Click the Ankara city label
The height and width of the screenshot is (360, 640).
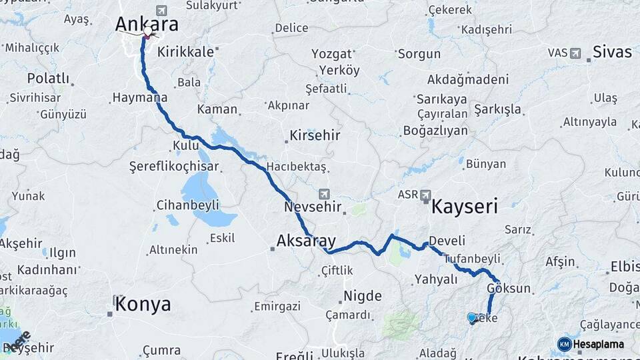[x=147, y=25]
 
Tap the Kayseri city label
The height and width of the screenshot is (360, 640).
[x=465, y=206]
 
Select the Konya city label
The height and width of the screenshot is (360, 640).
[x=143, y=305]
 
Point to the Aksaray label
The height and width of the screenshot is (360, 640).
[x=306, y=241]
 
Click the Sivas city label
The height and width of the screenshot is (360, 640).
[x=612, y=51]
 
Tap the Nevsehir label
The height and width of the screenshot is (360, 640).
[x=313, y=207]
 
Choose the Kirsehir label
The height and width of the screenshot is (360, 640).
[x=315, y=135]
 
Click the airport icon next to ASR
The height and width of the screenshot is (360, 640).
[x=425, y=194]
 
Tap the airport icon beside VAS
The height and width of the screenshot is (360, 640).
[x=575, y=53]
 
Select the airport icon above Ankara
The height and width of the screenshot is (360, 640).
[x=161, y=11]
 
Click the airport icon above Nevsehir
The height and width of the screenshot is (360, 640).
[x=324, y=194]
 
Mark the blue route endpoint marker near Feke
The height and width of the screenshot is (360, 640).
[x=472, y=318]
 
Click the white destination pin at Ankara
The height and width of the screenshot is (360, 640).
[x=147, y=31]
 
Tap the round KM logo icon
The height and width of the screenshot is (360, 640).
[x=564, y=344]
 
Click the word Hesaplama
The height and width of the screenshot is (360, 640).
[x=599, y=344]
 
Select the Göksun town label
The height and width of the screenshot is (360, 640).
[x=509, y=289]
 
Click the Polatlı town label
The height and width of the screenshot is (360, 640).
[x=48, y=79]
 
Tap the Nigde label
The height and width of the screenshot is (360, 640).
[x=362, y=296]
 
